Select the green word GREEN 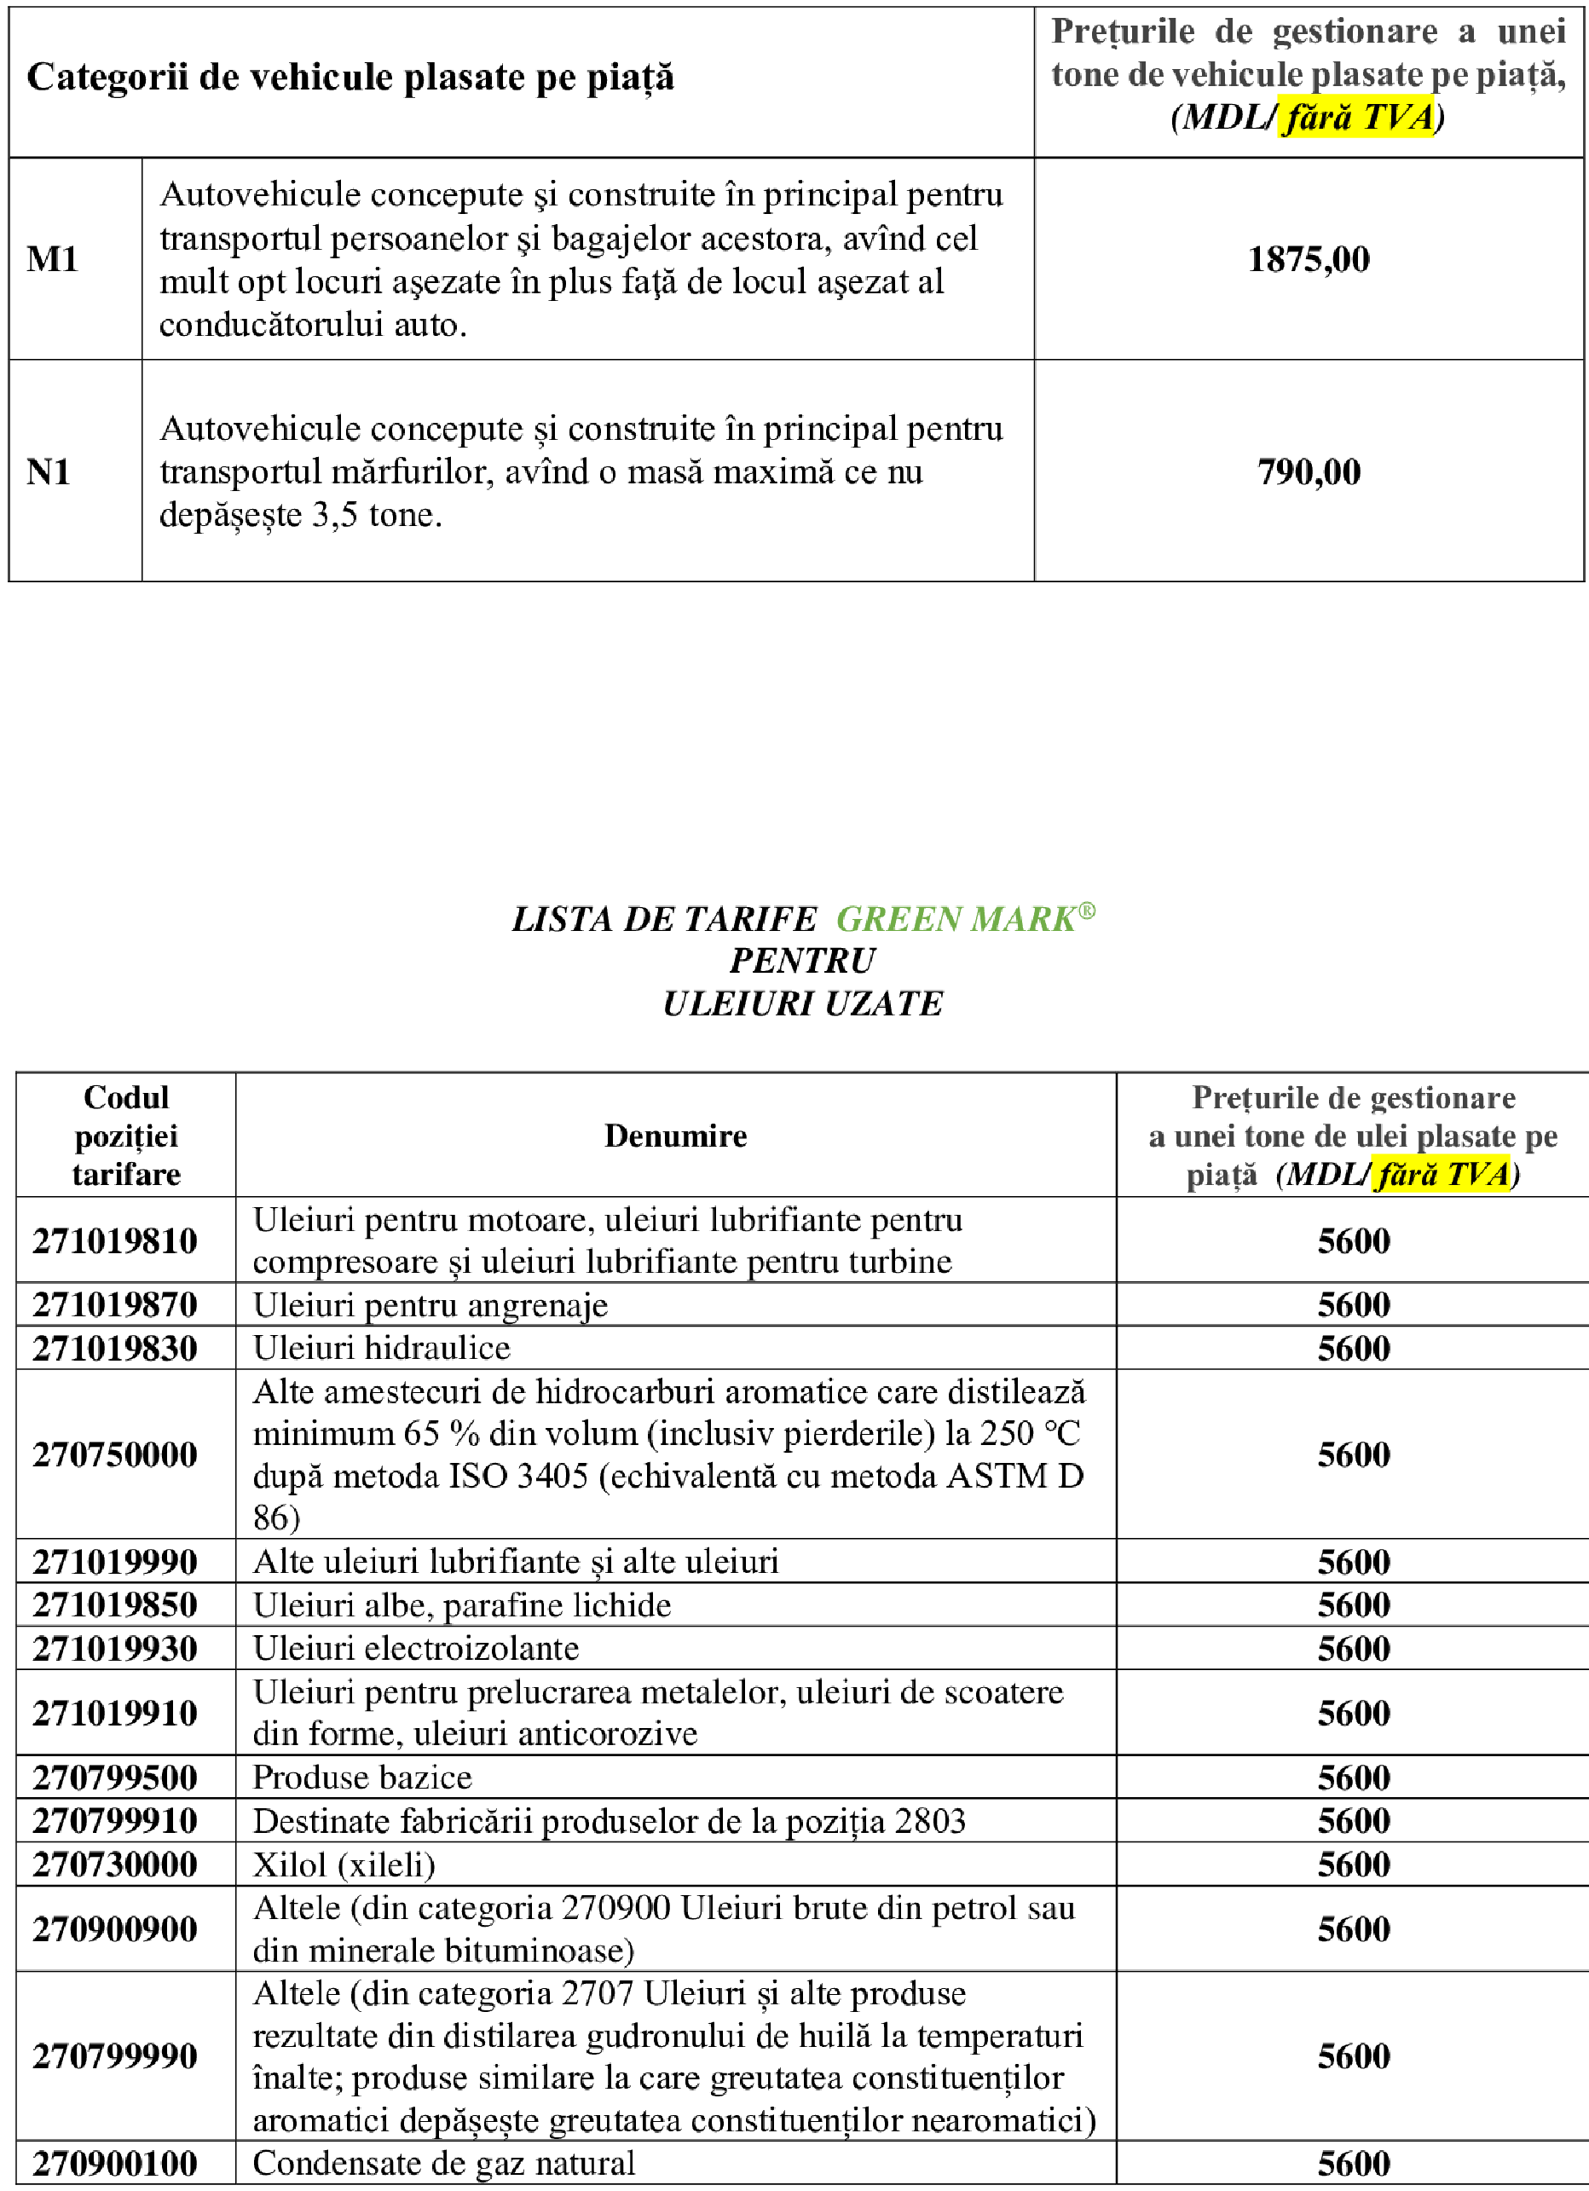pos(899,919)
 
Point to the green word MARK pos(1023,919)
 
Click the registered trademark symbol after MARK pos(1087,910)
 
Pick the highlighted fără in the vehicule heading pos(1319,118)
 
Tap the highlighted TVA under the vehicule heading pos(1398,118)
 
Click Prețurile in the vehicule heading pos(1123,32)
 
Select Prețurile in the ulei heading pos(1255,1097)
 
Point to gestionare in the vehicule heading pos(1355,32)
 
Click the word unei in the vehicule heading pos(1531,32)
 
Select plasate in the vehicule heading pos(1367,74)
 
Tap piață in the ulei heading pos(1222,1176)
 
